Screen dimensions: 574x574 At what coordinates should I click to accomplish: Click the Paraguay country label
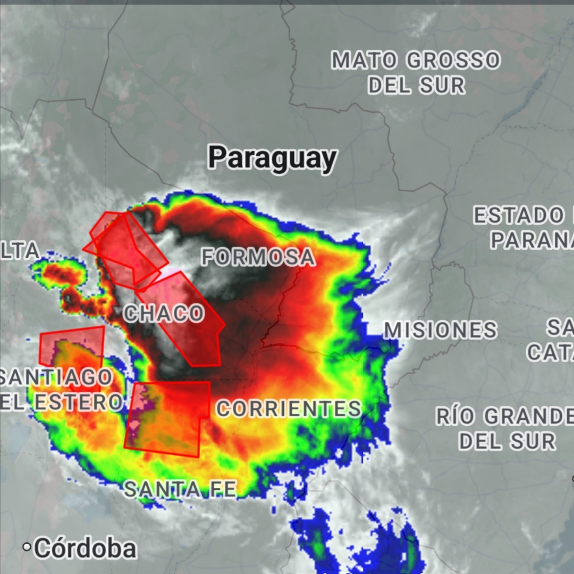[272, 158]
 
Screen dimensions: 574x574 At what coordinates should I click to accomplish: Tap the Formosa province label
[258, 257]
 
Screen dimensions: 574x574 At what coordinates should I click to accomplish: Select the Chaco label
[164, 313]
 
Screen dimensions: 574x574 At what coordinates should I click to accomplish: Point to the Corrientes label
[289, 409]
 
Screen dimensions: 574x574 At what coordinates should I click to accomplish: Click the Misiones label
[440, 330]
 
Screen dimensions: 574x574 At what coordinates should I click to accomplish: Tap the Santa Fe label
[180, 489]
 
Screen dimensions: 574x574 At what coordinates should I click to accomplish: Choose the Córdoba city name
[85, 548]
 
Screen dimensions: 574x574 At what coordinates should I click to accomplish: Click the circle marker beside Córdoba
[27, 547]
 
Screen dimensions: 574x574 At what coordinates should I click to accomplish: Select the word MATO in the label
[364, 61]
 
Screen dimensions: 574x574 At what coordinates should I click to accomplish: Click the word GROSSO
[453, 61]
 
